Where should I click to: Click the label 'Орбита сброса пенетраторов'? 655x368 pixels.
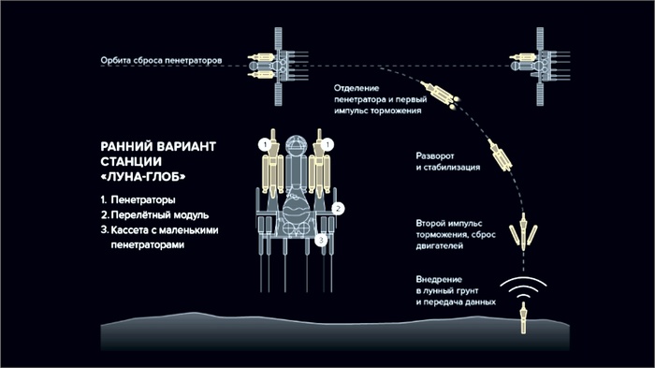click(161, 60)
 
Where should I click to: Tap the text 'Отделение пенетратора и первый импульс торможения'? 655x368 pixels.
click(381, 99)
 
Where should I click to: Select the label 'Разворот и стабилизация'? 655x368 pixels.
click(448, 161)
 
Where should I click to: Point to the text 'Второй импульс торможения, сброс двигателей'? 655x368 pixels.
click(456, 235)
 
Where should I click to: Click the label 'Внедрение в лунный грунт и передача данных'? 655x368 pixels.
click(456, 290)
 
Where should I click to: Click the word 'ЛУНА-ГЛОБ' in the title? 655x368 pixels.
click(143, 177)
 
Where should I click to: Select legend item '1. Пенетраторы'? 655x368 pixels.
click(138, 199)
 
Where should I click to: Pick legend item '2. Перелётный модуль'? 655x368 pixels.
click(154, 215)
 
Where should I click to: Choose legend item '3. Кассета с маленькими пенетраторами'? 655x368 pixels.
click(160, 237)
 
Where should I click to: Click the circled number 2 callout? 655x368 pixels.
click(338, 208)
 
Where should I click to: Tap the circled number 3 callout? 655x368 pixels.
click(321, 240)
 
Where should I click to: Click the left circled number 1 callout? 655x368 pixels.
click(265, 145)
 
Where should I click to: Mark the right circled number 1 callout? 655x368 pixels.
click(327, 145)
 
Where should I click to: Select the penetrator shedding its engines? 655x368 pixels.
click(523, 231)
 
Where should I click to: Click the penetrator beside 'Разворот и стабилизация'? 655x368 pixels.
click(500, 155)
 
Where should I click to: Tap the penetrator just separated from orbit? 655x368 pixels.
click(441, 94)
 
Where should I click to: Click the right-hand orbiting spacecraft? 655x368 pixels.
click(540, 66)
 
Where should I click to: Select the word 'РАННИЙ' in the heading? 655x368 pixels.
click(126, 147)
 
